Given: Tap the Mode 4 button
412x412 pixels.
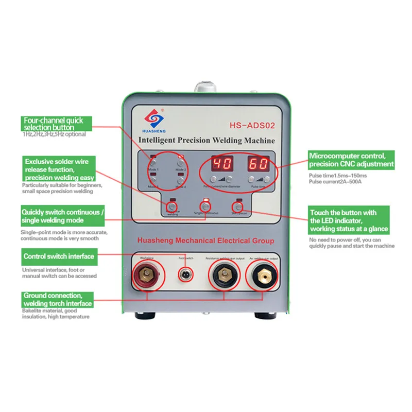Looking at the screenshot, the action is tap(181, 179).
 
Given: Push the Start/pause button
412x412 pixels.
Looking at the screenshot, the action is tap(238, 207).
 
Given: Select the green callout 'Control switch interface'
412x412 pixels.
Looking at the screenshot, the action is tap(59, 256).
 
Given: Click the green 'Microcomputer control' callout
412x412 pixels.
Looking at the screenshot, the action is tap(352, 160).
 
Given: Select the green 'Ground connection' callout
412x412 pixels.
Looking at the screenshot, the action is tap(57, 299).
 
